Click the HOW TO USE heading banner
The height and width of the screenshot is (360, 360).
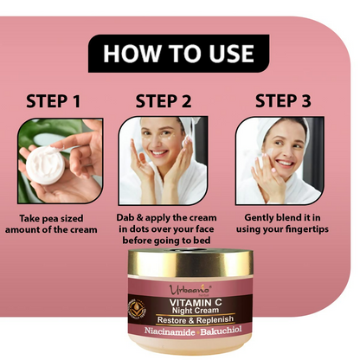(x=178, y=54)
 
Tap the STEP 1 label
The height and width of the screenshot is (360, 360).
(x=53, y=101)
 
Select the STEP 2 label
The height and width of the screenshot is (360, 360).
(x=164, y=101)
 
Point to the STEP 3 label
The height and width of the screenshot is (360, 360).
(x=283, y=101)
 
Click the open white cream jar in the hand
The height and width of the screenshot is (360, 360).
(x=45, y=164)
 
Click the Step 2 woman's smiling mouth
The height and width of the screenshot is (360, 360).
(x=159, y=152)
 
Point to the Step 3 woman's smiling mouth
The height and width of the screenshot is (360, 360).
(x=285, y=164)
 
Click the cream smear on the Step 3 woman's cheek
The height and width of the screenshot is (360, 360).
(x=271, y=151)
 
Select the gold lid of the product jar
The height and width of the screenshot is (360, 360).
(x=190, y=262)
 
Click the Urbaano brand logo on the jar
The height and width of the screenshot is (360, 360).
(x=190, y=289)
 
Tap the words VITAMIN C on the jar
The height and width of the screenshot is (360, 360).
(x=196, y=302)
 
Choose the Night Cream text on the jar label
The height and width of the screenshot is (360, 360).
(x=196, y=311)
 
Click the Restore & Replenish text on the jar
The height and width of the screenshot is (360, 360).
(x=196, y=320)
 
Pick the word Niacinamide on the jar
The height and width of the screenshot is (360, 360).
(x=170, y=331)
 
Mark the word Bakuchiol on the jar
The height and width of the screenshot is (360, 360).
(x=222, y=331)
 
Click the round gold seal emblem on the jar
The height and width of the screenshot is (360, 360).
(x=137, y=311)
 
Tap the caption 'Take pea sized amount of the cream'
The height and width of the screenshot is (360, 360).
(x=51, y=224)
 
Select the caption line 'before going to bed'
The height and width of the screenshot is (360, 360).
(x=166, y=241)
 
